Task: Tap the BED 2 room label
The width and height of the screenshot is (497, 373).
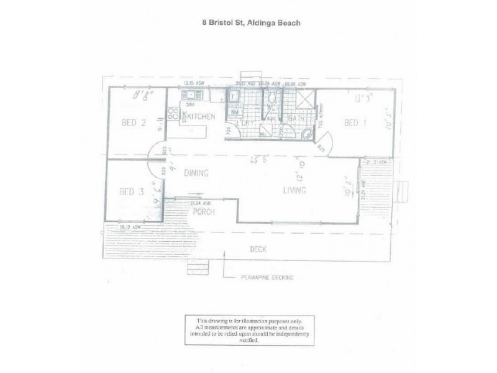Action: [x=134, y=123]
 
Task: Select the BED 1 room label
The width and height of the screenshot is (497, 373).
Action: [x=355, y=123]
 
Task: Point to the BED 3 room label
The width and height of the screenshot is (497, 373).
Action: [x=131, y=191]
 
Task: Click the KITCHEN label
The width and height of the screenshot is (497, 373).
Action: [x=201, y=117]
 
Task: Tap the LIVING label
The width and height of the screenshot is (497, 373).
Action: [x=294, y=190]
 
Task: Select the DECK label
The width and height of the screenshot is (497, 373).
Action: [x=258, y=249]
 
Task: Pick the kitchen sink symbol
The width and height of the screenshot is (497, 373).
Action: [x=191, y=95]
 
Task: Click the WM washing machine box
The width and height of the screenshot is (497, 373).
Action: [x=234, y=111]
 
